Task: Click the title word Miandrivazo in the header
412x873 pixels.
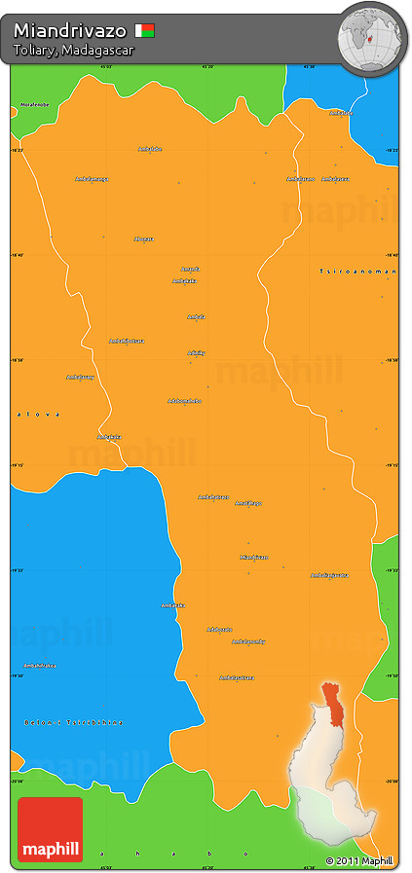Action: click(x=69, y=31)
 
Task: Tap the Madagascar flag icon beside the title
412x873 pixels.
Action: click(x=145, y=30)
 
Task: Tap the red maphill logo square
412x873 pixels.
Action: click(x=50, y=829)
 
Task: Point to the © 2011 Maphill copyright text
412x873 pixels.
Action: click(x=359, y=861)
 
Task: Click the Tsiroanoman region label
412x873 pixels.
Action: click(x=358, y=271)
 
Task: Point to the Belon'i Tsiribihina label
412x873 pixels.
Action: click(x=74, y=722)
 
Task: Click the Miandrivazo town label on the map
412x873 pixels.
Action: click(x=253, y=557)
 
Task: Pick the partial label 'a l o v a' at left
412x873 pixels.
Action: click(x=37, y=415)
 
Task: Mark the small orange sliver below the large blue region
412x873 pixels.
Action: click(x=16, y=759)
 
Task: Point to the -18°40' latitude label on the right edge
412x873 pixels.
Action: click(x=391, y=255)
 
